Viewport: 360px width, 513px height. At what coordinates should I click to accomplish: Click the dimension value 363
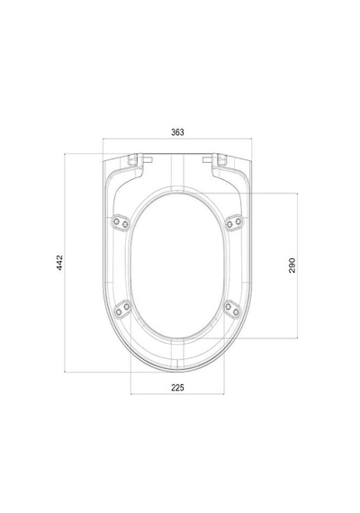click(x=177, y=132)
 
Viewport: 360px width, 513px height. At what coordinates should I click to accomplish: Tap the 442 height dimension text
click(x=59, y=263)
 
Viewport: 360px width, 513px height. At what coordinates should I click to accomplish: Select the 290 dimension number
click(x=292, y=265)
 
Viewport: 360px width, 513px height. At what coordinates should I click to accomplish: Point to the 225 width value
click(x=177, y=388)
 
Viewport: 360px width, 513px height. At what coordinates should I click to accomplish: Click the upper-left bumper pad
click(x=121, y=223)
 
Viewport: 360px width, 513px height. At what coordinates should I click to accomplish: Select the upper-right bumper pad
click(x=234, y=223)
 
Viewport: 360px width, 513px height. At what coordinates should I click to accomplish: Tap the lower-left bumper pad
click(x=122, y=309)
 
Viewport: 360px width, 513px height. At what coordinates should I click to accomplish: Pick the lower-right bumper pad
click(x=232, y=309)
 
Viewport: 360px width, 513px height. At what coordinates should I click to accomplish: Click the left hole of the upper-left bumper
click(x=116, y=221)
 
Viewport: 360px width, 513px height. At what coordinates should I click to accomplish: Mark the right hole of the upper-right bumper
click(x=238, y=221)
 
